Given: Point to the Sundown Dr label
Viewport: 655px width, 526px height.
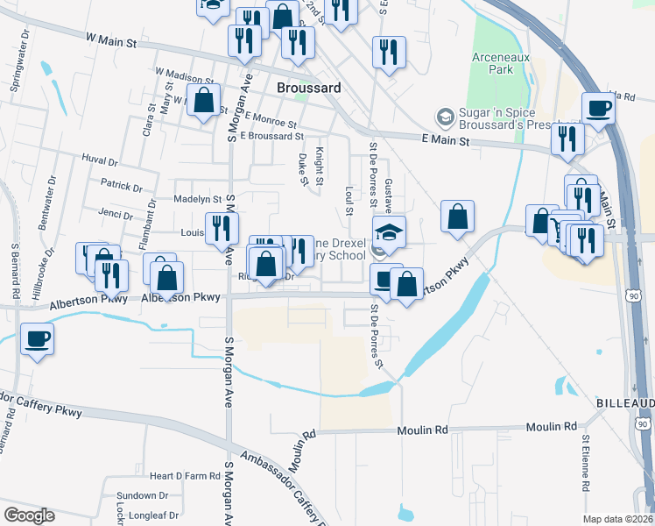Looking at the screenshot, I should (x=143, y=496).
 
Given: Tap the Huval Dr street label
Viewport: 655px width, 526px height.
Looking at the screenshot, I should (x=99, y=161).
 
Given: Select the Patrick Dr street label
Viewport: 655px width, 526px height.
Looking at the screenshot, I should (x=121, y=186).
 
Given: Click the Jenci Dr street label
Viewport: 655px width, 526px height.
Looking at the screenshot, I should (x=116, y=215).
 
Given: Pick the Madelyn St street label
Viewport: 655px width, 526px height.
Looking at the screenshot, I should (x=197, y=199).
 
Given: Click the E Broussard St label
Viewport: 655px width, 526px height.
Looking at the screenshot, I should (x=271, y=136).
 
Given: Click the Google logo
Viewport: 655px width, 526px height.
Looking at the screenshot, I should (x=29, y=515).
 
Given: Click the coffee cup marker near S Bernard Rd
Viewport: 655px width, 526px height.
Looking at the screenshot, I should (x=37, y=338).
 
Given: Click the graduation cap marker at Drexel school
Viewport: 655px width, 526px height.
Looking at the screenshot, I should (x=389, y=231).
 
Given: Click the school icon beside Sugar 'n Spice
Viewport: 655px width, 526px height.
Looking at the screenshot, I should (x=446, y=117).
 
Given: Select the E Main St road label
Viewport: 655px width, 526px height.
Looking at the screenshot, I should (x=446, y=140).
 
